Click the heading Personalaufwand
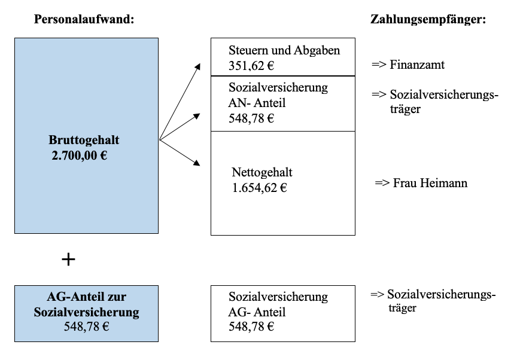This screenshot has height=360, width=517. click(84, 19)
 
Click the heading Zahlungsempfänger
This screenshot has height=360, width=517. click(428, 19)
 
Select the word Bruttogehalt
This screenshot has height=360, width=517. click(84, 140)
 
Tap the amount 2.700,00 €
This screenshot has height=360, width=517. click(79, 155)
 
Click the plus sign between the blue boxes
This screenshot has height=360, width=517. click(68, 260)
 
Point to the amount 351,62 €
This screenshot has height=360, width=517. click(251, 66)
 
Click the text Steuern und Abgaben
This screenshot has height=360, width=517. click(284, 50)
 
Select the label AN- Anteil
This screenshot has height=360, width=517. click(257, 103)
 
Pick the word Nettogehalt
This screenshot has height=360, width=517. click(262, 172)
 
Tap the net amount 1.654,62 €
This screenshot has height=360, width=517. click(260, 188)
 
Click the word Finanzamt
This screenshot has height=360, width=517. click(417, 65)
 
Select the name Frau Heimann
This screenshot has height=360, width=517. click(430, 183)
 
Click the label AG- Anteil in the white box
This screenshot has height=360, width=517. click(257, 312)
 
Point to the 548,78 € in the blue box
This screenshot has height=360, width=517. click(86, 327)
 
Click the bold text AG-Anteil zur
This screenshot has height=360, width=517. click(86, 297)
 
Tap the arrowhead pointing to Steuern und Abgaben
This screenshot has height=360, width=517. click(197, 66)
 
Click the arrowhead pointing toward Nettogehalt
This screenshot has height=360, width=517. click(197, 163)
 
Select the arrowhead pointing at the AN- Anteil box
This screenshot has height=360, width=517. click(197, 116)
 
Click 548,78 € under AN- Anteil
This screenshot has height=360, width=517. click(251, 118)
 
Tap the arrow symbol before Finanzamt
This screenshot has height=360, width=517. click(379, 65)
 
